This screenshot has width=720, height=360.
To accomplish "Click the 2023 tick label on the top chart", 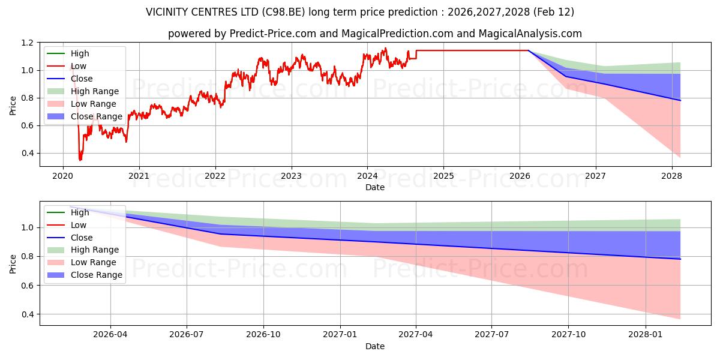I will point(291,176).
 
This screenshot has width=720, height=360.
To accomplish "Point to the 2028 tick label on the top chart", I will point(672,176).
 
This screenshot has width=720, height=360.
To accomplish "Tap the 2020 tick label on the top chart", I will point(63,176).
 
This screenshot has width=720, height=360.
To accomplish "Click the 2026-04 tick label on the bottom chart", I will point(110,335).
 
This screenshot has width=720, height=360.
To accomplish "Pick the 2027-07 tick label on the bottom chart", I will point(492,335).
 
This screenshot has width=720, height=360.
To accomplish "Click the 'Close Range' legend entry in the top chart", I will point(97,116).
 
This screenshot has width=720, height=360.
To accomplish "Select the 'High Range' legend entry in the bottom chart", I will point(95,250).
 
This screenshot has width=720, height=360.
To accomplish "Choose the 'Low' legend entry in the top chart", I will point(79,66).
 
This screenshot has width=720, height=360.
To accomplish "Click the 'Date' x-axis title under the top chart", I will point(375,187).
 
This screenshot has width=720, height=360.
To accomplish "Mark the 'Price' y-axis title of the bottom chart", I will point(13,263).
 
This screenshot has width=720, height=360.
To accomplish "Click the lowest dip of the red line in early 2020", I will point(80,160).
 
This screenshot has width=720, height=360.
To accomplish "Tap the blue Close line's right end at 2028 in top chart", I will point(680,100).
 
